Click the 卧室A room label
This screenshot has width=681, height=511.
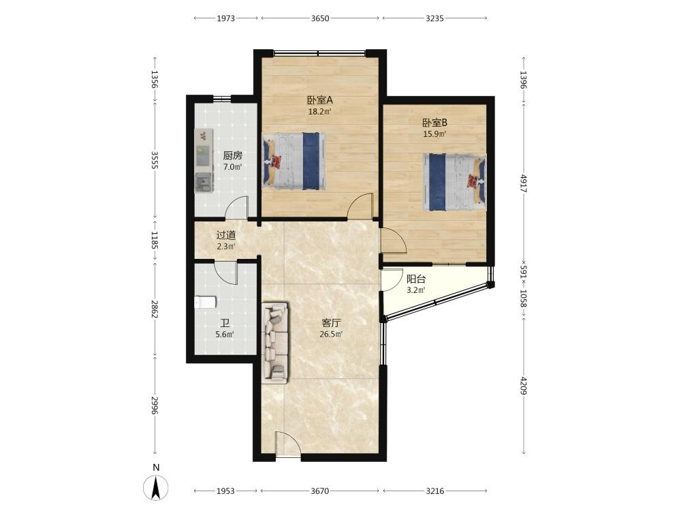[319, 100]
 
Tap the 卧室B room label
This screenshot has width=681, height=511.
[434, 123]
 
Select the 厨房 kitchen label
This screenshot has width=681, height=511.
[232, 155]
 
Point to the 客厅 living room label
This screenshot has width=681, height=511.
[331, 323]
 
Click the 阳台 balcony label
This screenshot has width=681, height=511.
[415, 279]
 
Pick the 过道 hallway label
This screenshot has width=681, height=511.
[226, 235]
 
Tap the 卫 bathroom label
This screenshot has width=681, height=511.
[225, 323]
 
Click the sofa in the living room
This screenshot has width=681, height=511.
[275, 343]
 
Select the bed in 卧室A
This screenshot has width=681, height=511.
[294, 161]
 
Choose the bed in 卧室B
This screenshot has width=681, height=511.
[454, 182]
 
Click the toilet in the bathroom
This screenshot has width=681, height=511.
[205, 302]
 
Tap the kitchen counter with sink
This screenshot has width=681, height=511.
[204, 161]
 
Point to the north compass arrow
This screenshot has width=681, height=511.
[156, 488]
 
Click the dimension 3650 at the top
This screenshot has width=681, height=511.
[320, 18]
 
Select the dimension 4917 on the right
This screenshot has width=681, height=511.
[524, 183]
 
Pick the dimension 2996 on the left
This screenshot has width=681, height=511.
[155, 405]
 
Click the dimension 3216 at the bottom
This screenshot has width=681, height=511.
[434, 491]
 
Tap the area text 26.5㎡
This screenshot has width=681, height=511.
[331, 334]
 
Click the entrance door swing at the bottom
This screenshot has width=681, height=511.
[287, 444]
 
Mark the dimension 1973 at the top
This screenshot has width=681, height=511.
[226, 18]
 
